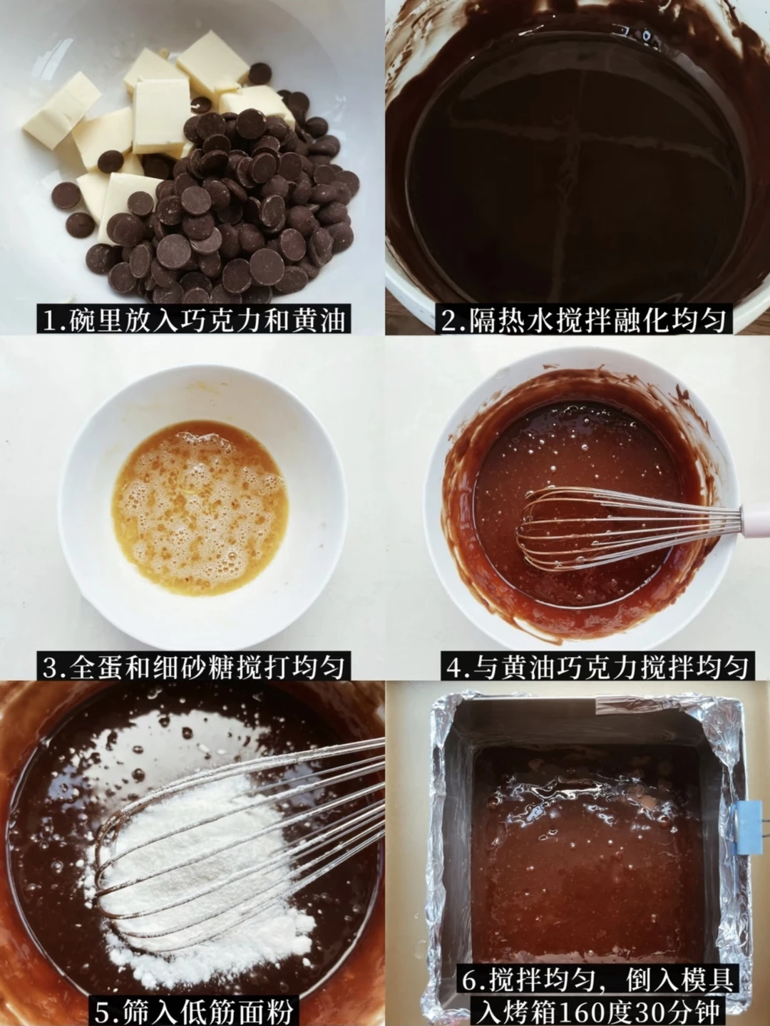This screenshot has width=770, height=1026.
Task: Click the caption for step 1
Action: tap(193, 319)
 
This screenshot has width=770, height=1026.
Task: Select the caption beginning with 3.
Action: tap(193, 667)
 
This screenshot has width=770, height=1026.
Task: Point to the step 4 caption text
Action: tap(597, 667)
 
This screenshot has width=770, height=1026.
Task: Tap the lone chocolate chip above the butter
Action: tap(260, 74)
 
